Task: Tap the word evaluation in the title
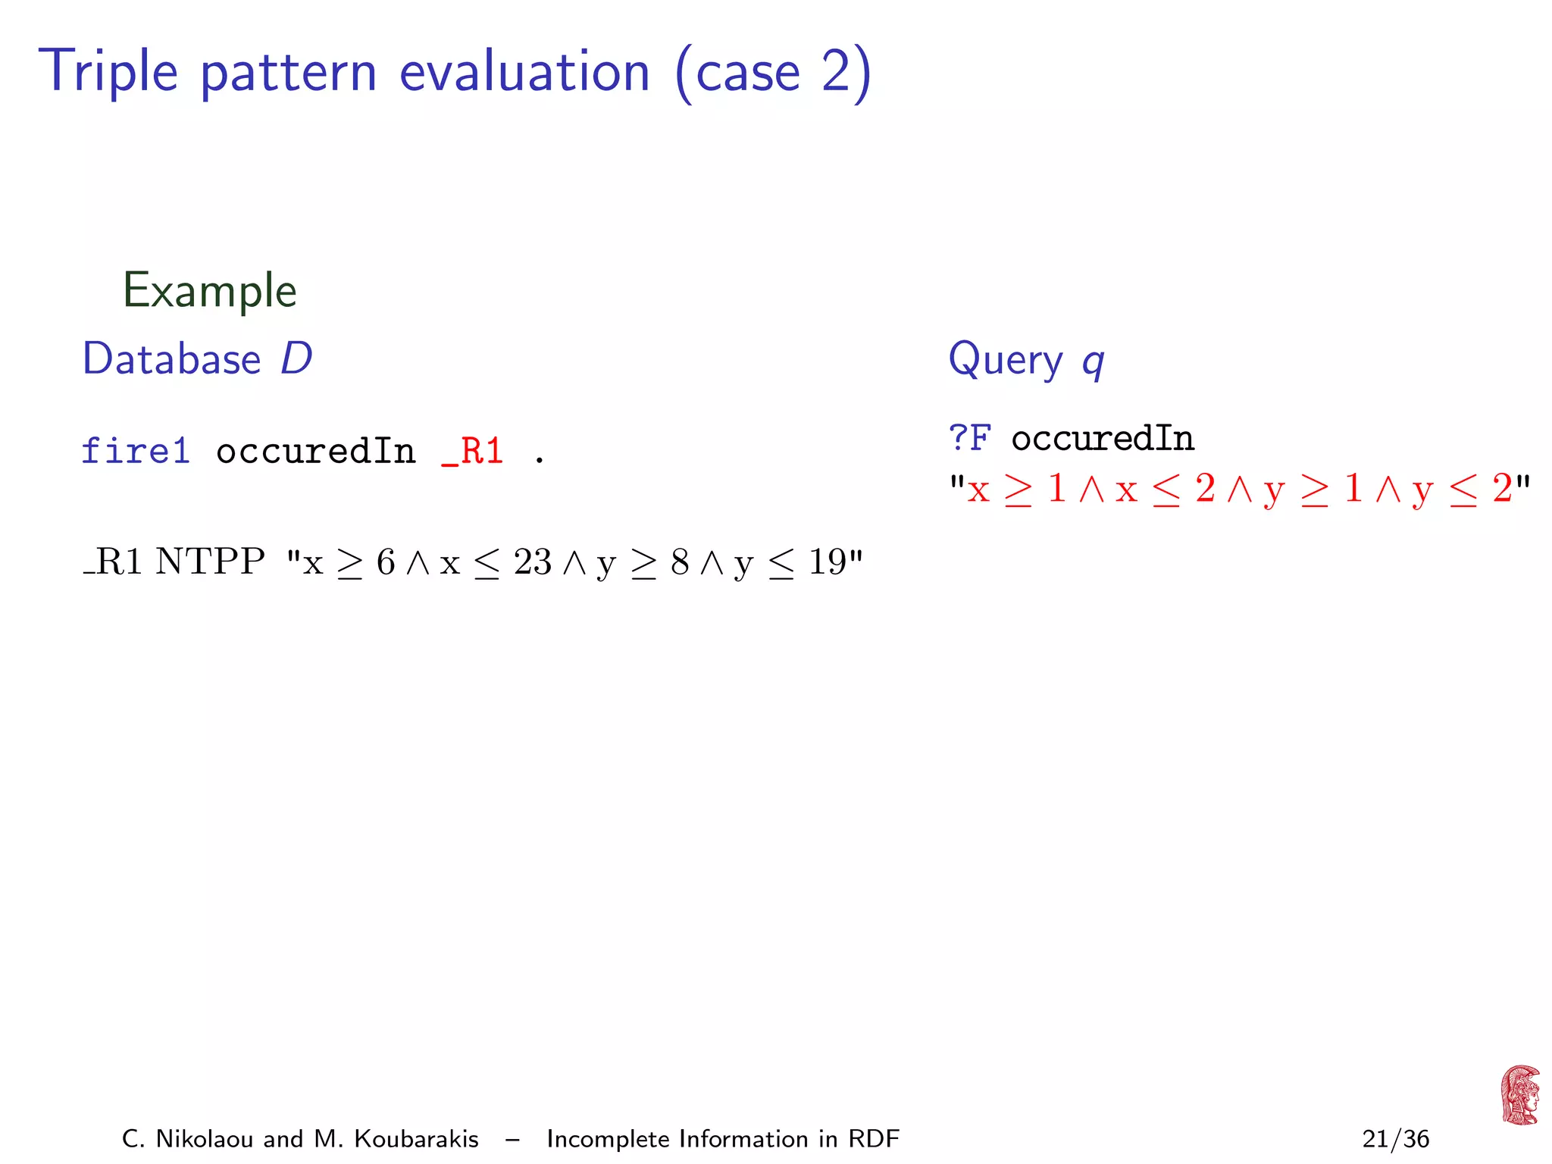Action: coord(524,72)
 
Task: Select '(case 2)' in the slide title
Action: coord(773,74)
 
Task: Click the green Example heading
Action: coord(209,290)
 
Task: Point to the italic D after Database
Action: coord(296,358)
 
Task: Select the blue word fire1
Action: coord(136,451)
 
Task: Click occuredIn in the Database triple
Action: coord(315,452)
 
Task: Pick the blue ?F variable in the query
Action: coord(969,438)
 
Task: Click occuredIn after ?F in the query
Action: coord(1103,439)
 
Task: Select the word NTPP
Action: coord(210,562)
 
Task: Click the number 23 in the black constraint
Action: coord(532,562)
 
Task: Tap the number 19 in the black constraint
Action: coord(827,562)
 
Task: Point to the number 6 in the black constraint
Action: coord(386,562)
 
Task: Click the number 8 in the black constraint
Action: coord(680,562)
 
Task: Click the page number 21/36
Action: coord(1395,1139)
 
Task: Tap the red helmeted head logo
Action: coord(1519,1095)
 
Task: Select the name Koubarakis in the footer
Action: coord(416,1139)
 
